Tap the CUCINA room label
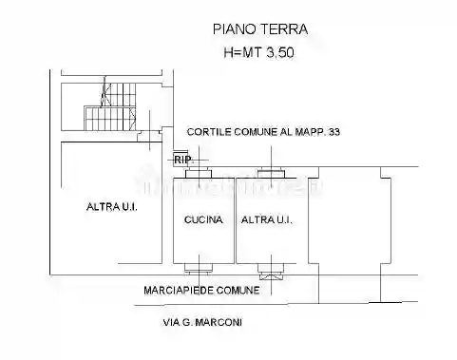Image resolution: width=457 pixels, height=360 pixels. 203,220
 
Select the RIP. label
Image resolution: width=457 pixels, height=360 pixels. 182,160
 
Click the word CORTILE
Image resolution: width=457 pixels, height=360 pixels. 208,132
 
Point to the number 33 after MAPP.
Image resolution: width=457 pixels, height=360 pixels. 333,132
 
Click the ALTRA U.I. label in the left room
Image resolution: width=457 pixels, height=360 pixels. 112,206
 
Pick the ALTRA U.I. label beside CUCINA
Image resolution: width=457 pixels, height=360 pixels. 267,220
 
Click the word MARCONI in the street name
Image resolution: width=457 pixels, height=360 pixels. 221,323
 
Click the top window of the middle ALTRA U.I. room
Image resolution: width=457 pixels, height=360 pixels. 273,173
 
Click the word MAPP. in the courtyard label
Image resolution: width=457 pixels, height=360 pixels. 306,132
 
